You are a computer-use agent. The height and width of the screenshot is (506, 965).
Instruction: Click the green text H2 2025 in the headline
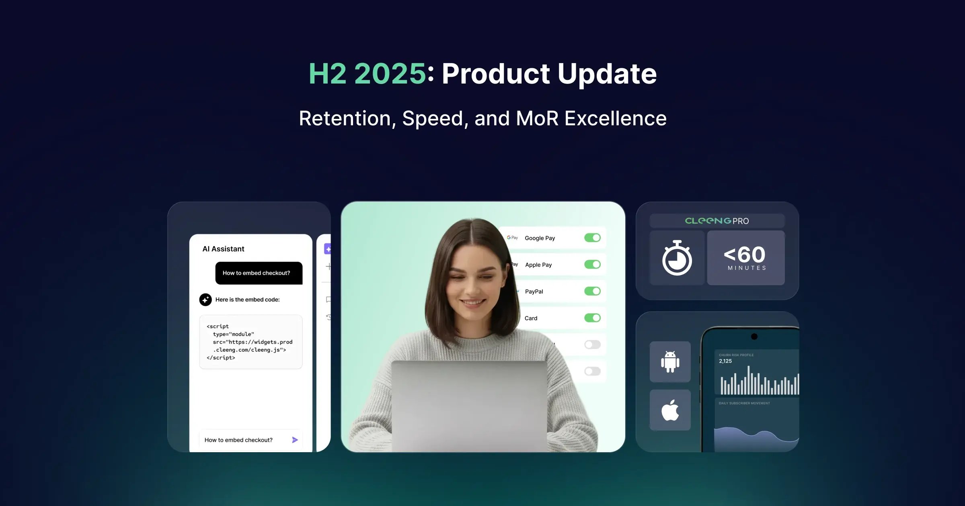[367, 74]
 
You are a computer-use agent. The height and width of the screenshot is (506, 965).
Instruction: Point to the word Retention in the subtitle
[345, 118]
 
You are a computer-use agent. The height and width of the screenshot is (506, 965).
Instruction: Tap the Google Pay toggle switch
[592, 238]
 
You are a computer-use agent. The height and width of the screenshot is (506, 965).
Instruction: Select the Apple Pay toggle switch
[592, 264]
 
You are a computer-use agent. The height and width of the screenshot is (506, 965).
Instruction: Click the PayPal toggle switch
[592, 291]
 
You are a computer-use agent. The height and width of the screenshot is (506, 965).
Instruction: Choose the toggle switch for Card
[592, 318]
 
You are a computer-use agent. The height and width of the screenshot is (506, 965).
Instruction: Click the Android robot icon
[670, 361]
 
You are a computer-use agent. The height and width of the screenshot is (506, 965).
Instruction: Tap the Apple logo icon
[670, 410]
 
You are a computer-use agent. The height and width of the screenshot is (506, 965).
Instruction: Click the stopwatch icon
[677, 258]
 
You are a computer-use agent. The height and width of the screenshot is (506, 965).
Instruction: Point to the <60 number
[745, 255]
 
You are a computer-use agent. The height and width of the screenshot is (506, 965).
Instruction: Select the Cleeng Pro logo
[717, 221]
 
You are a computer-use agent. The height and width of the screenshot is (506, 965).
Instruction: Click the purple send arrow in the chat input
[295, 440]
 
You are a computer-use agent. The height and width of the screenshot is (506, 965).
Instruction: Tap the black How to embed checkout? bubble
[259, 273]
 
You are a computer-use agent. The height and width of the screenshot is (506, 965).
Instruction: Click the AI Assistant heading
[223, 249]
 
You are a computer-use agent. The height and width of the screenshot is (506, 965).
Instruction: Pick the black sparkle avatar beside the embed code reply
[205, 300]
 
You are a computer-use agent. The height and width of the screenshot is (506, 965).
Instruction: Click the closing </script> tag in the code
[221, 358]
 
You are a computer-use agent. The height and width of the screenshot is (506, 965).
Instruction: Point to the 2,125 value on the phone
[725, 361]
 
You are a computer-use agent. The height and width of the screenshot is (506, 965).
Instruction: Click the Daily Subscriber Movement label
[744, 403]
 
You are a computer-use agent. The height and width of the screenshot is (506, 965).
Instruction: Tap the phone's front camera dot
[754, 337]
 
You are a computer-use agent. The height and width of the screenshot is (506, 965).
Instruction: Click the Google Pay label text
[540, 238]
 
